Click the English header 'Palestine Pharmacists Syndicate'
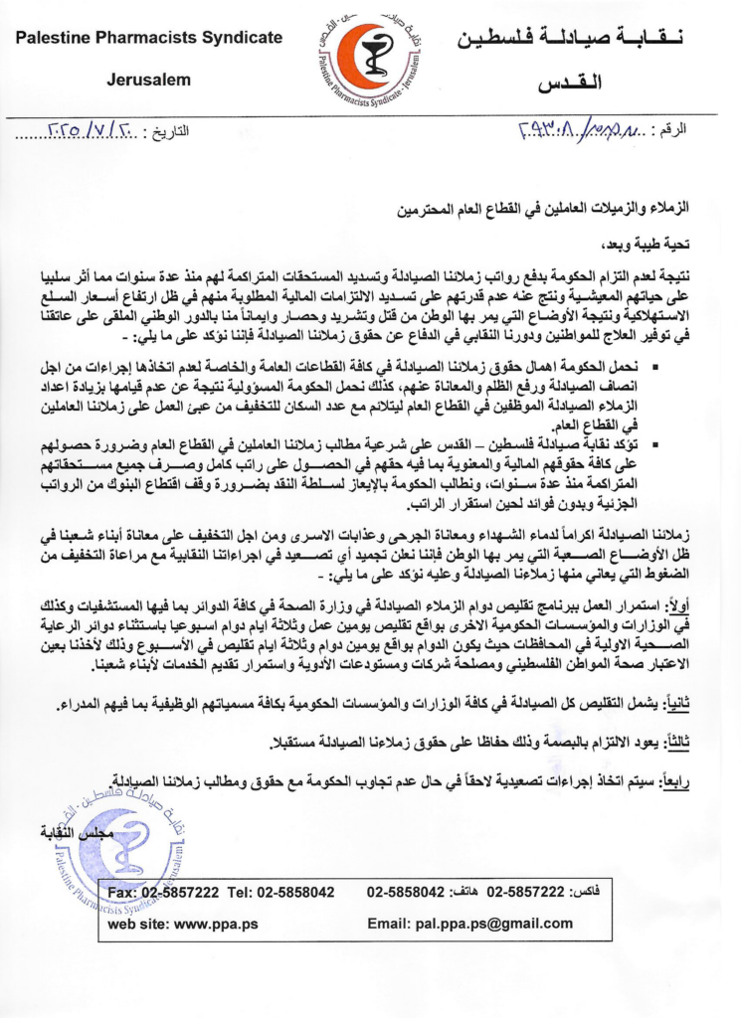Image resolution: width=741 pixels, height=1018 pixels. click(x=148, y=38)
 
